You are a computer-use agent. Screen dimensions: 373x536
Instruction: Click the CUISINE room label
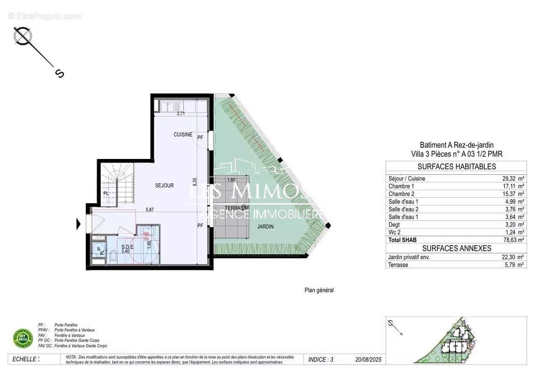(183, 135)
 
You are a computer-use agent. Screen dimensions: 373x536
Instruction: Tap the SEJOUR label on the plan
(164, 186)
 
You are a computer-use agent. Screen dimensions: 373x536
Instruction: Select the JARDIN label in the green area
(265, 227)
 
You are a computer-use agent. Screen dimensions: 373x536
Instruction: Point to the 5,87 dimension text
(149, 210)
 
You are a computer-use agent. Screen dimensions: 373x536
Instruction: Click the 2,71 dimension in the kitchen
(181, 113)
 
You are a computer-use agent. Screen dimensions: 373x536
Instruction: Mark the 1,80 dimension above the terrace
(231, 180)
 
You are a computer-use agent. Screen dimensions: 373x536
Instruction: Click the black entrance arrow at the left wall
(79, 225)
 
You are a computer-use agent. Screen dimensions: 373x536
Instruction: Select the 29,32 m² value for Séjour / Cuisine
(511, 179)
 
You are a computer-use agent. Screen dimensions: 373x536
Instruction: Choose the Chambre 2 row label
(401, 194)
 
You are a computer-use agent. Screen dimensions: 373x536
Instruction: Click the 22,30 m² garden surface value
(511, 257)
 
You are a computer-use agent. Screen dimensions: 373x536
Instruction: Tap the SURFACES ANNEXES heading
(456, 249)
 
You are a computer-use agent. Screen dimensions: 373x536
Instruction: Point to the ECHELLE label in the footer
(26, 359)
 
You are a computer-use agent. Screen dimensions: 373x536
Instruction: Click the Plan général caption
(319, 290)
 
